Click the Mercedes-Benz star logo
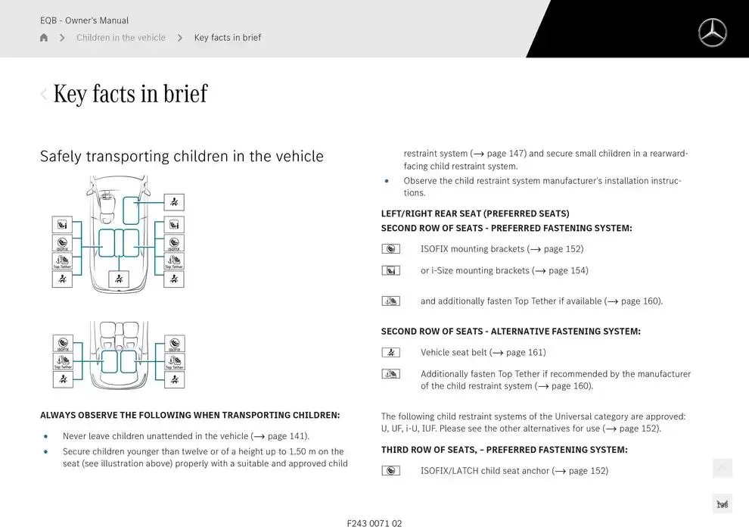(x=712, y=33)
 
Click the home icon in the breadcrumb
(x=44, y=38)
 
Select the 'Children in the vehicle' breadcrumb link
(x=120, y=38)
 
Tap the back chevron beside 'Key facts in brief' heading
(x=44, y=95)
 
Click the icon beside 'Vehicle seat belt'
(x=390, y=352)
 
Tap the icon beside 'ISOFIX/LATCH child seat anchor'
(x=390, y=471)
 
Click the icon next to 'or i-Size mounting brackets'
(x=390, y=271)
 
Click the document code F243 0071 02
(x=374, y=523)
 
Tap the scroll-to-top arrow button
(x=722, y=469)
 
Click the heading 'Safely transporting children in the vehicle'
(x=182, y=157)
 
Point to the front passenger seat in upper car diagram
(x=132, y=210)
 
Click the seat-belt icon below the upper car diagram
(x=119, y=279)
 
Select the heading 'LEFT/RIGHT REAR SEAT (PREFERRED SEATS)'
(x=475, y=214)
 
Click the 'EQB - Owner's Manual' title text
(x=85, y=20)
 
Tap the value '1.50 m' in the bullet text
(x=303, y=452)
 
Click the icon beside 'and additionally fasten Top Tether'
(x=390, y=301)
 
